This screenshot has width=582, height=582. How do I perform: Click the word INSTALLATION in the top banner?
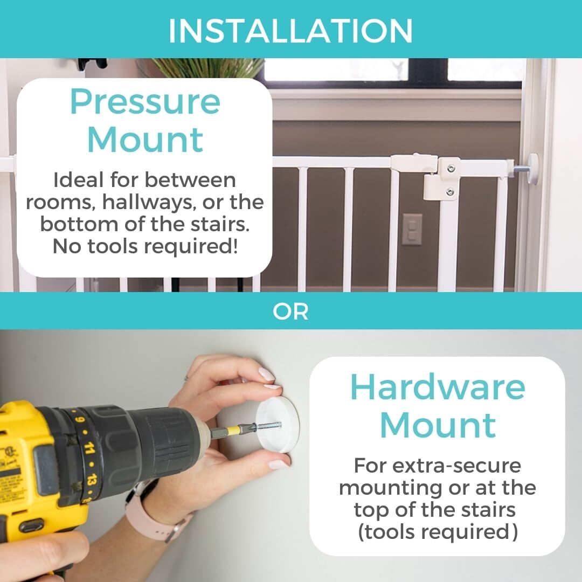[x=290, y=30]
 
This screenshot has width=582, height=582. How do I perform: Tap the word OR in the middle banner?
[x=290, y=312]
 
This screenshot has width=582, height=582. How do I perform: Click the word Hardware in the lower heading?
[x=438, y=387]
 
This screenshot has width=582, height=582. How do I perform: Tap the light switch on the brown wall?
[x=412, y=229]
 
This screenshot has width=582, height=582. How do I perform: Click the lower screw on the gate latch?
[x=449, y=192]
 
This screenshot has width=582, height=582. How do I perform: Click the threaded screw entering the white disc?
[x=268, y=425]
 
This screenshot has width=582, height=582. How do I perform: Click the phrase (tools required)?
[x=438, y=532]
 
